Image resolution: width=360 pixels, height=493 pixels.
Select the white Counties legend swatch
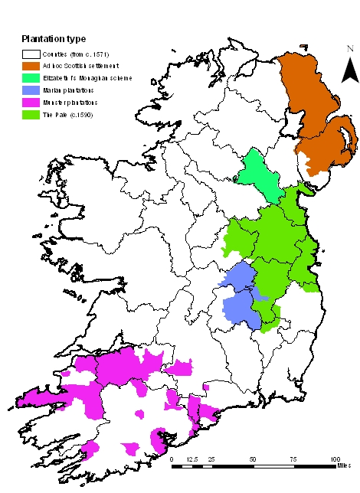(31, 54)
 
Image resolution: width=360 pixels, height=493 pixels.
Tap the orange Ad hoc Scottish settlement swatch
(31, 67)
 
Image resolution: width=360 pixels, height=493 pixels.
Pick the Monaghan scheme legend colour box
(31, 78)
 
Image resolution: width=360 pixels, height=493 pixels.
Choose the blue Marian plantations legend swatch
(31, 90)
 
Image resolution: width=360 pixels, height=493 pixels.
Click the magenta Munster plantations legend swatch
(31, 102)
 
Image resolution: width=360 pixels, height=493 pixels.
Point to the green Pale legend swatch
(31, 114)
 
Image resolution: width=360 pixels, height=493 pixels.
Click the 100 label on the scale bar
(333, 458)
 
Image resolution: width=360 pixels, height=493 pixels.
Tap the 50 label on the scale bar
(253, 458)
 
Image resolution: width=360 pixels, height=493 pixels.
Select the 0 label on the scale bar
(172, 458)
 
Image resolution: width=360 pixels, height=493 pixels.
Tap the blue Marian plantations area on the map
(237, 302)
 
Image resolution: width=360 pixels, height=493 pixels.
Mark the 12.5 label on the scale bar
(192, 458)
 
